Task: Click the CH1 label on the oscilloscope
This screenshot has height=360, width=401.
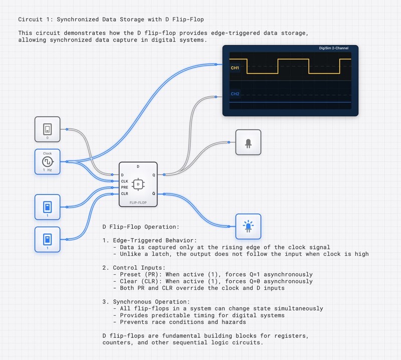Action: pos(235,68)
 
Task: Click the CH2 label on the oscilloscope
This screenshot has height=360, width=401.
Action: pos(235,94)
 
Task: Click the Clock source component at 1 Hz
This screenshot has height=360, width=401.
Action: pos(47,162)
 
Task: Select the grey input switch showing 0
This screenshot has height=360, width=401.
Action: pos(48,129)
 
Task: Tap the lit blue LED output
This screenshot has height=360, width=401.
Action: pos(248,227)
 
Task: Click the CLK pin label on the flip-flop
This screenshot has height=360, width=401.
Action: pos(125,181)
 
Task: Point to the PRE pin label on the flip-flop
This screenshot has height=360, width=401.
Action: pos(125,187)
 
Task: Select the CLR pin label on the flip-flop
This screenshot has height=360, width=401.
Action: pos(125,193)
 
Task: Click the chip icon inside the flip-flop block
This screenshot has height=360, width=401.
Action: pos(138,184)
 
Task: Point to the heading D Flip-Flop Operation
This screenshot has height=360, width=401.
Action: pos(136,227)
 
